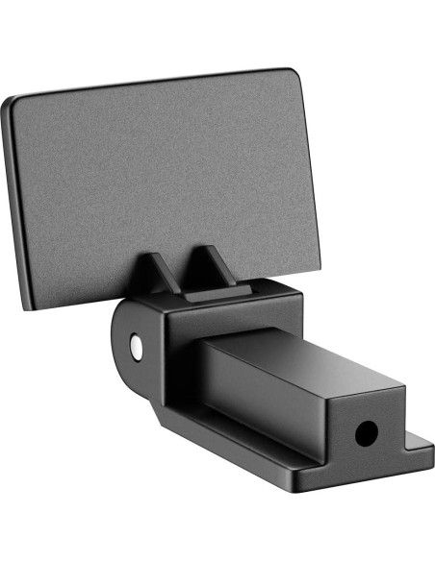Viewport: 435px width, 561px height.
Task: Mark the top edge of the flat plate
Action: click(154, 84)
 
